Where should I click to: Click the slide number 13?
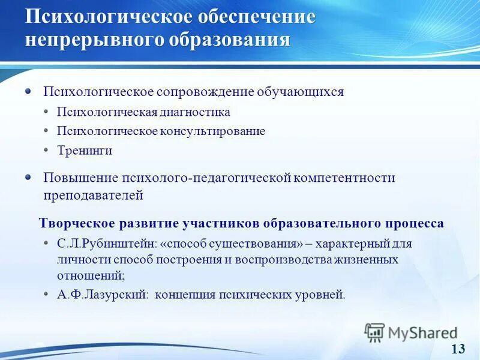click(458, 349)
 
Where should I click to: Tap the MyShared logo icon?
click(375, 332)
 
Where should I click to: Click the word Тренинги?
click(85, 151)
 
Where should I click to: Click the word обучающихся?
click(301, 92)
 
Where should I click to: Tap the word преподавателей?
click(93, 195)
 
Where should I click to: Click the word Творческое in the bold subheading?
click(74, 224)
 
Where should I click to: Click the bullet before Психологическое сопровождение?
click(28, 92)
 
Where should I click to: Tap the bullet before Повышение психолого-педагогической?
click(28, 177)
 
